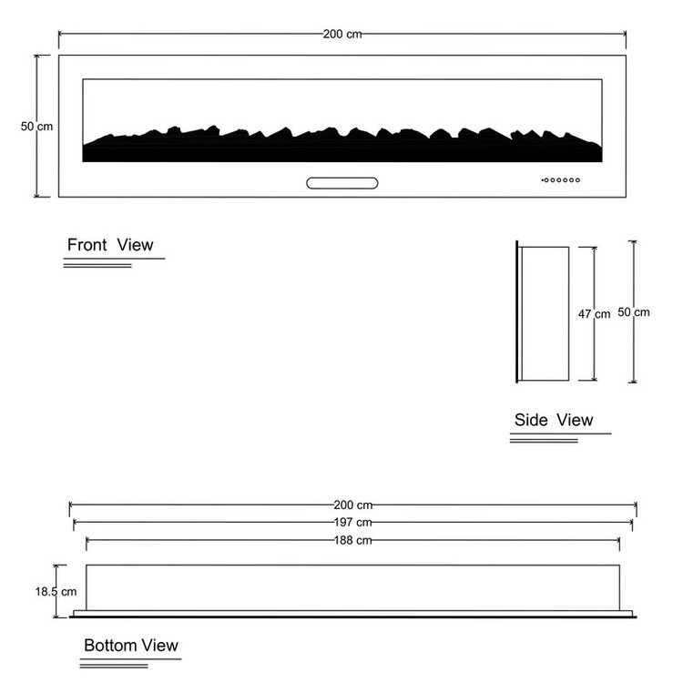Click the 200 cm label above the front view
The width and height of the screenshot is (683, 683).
click(342, 34)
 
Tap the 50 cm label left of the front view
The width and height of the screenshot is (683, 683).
click(36, 127)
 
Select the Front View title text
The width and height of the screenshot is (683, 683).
click(110, 245)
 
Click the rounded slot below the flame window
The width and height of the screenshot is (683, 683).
click(341, 183)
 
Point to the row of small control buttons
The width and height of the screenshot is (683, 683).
click(561, 180)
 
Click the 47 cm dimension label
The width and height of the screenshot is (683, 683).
click(594, 314)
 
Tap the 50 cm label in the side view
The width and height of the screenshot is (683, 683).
click(634, 312)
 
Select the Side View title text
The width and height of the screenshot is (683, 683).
click(554, 420)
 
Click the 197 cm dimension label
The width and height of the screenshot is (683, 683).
click(352, 522)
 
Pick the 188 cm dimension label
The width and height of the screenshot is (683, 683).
click(352, 540)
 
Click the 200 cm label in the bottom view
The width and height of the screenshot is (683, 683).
click(352, 505)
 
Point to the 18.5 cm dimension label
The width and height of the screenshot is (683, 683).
click(56, 592)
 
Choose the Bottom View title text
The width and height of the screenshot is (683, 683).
click(131, 645)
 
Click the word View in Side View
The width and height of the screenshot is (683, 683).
click(575, 420)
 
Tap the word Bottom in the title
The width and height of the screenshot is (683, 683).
click(110, 645)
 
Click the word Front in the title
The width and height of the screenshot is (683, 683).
click(87, 245)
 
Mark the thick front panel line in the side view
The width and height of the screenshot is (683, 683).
click(517, 311)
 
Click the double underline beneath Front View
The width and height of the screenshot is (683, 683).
click(97, 265)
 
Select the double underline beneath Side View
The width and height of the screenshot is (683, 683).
click(544, 441)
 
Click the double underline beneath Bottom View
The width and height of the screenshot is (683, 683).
click(114, 666)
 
